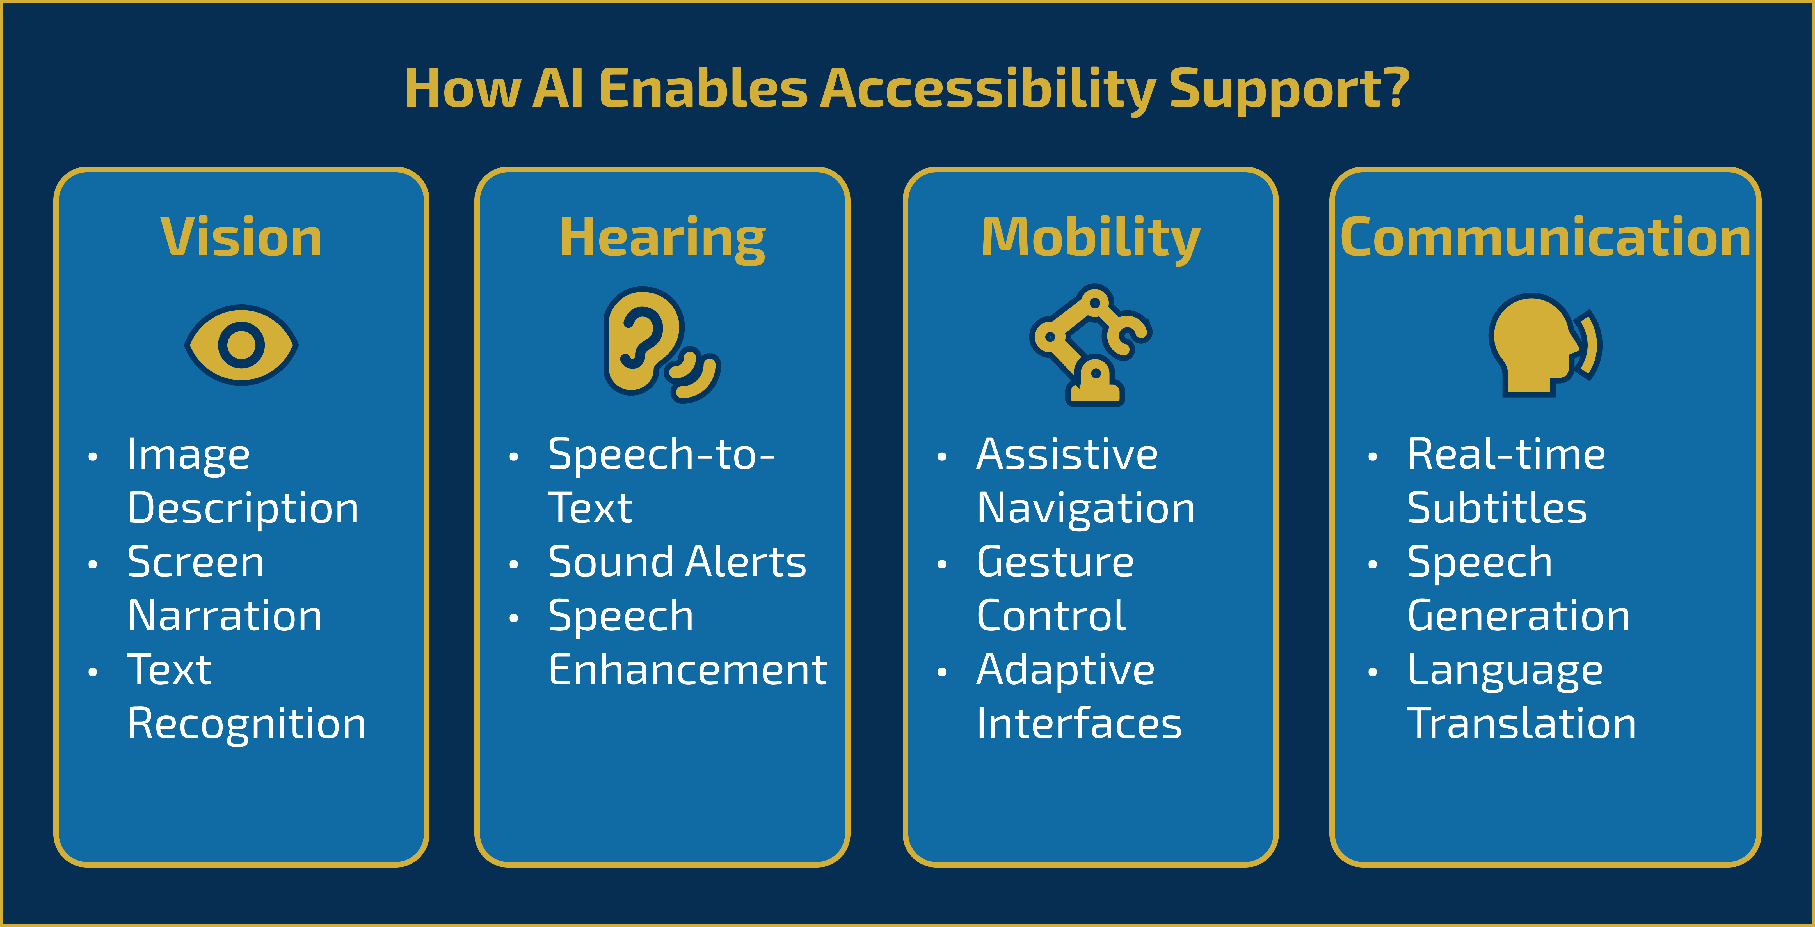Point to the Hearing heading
coord(662,238)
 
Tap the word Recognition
coord(247,724)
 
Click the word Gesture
coord(1055,562)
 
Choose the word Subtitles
coord(1496,508)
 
